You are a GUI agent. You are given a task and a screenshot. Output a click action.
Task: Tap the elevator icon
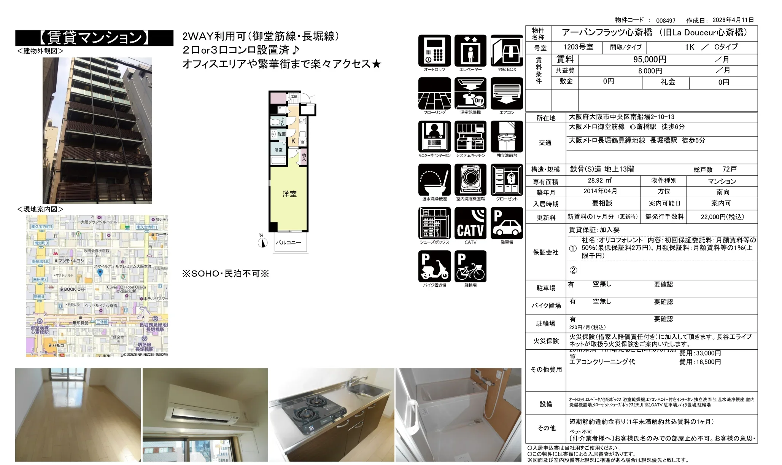pyautogui.click(x=470, y=51)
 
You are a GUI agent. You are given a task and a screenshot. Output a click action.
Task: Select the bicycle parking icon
pyautogui.click(x=470, y=266)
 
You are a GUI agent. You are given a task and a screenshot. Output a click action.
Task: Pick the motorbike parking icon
pyautogui.click(x=434, y=266)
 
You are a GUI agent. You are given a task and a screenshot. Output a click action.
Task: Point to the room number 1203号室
pyautogui.click(x=578, y=47)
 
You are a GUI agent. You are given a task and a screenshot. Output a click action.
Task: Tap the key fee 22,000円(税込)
pyautogui.click(x=722, y=217)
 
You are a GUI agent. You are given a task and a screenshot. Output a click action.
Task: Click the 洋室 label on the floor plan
pyautogui.click(x=289, y=194)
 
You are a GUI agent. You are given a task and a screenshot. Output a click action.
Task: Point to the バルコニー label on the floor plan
pyautogui.click(x=288, y=242)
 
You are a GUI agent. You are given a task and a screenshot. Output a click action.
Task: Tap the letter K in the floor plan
pyautogui.click(x=294, y=141)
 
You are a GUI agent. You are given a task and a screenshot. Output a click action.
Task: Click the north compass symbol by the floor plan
pyautogui.click(x=262, y=242)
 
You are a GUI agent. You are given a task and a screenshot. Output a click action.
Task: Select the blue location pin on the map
pyautogui.click(x=100, y=272)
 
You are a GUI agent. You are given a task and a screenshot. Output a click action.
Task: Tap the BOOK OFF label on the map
pyautogui.click(x=75, y=290)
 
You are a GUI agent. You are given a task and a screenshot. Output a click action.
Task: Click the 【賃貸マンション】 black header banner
pyautogui.click(x=94, y=38)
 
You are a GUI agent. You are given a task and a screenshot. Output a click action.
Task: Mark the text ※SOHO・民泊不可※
pyautogui.click(x=226, y=274)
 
